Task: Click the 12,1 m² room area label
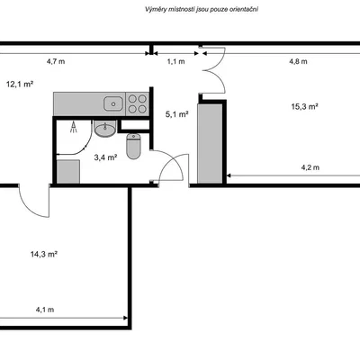tap(20, 85)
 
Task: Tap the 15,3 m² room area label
tap(305, 106)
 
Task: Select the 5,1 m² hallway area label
tap(177, 114)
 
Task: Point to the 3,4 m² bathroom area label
tap(105, 157)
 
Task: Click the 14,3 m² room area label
tap(44, 255)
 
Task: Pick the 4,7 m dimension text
tap(56, 61)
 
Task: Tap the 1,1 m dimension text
tap(175, 61)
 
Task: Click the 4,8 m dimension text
tap(298, 61)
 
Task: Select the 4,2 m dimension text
tap(310, 167)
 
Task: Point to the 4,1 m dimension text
tap(45, 310)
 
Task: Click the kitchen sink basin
tap(113, 103)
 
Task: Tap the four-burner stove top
tap(138, 103)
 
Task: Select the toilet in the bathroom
tap(133, 146)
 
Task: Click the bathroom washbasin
tap(104, 129)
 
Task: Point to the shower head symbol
tap(74, 128)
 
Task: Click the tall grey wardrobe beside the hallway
tap(210, 143)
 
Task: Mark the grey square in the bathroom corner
tap(68, 172)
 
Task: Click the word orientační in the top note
tap(243, 9)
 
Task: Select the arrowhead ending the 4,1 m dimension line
tap(125, 318)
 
